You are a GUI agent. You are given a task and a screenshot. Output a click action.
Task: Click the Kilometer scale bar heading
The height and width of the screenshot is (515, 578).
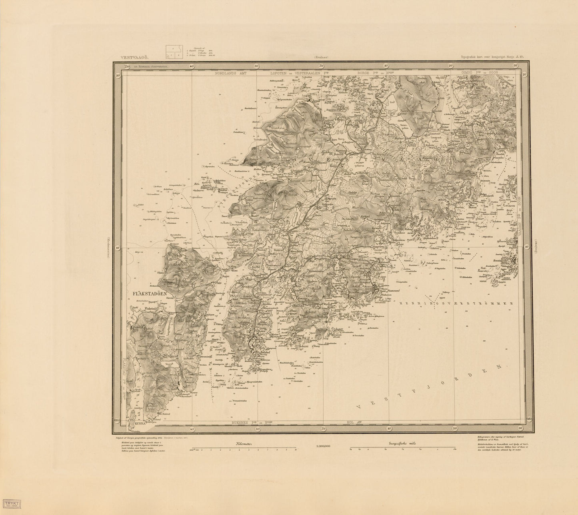pos(244,443)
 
